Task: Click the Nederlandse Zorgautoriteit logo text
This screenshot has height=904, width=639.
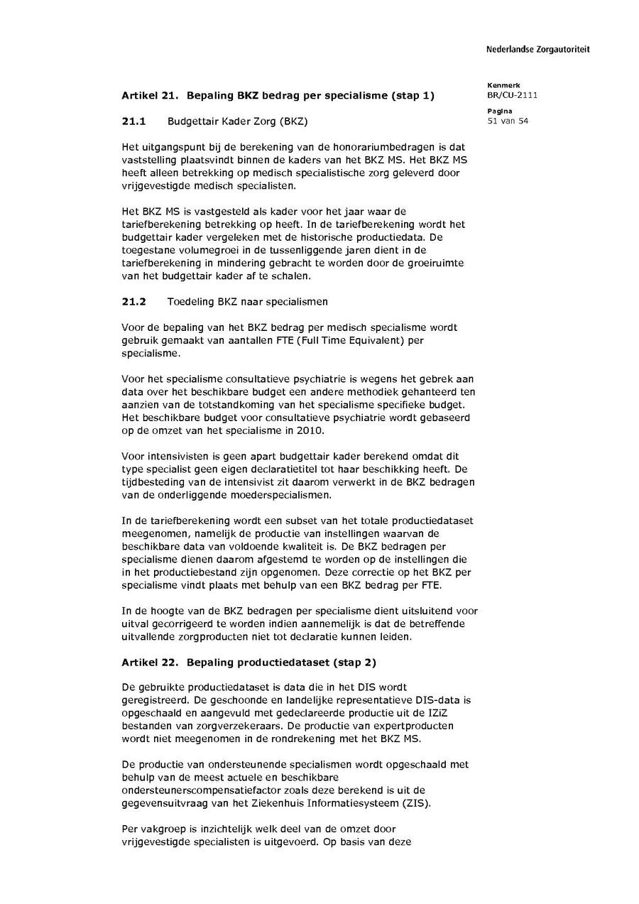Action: tap(537, 49)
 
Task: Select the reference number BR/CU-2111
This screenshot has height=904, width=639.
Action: tap(512, 95)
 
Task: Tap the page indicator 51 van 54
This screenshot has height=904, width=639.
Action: tap(508, 121)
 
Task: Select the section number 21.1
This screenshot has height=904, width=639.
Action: tap(133, 121)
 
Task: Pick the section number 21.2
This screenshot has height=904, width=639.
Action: tap(133, 301)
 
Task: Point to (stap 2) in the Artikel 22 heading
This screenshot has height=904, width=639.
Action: tap(355, 663)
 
